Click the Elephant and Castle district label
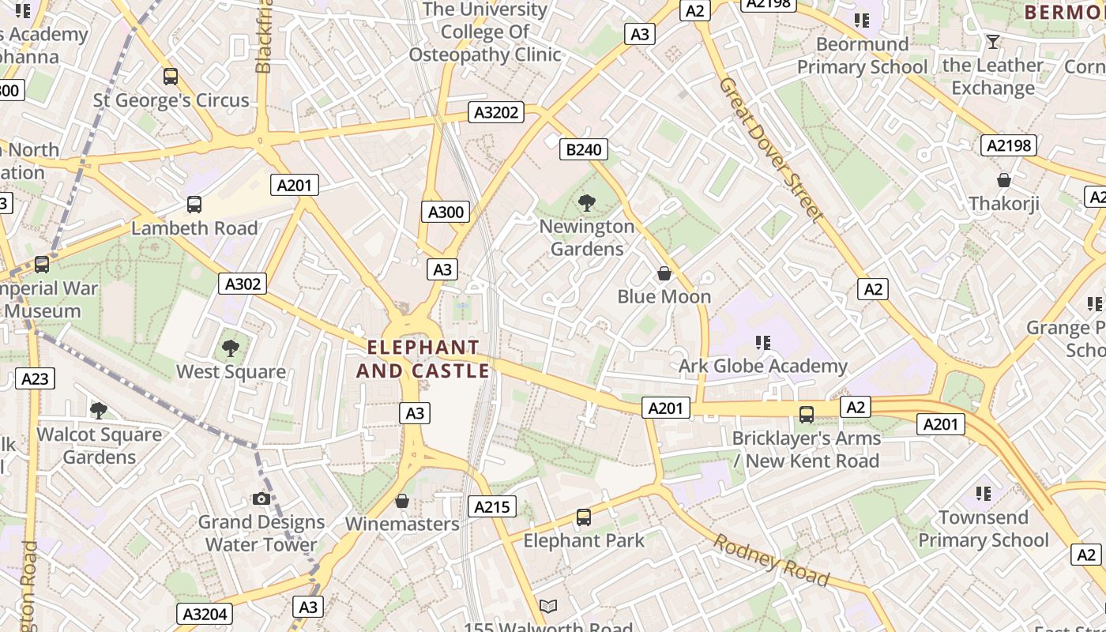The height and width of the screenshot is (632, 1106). tap(423, 359)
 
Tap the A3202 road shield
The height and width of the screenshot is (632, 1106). tap(496, 112)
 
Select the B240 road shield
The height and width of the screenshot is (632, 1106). tap(584, 149)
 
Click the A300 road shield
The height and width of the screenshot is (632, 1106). tap(446, 212)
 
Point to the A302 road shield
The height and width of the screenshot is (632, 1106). tap(243, 284)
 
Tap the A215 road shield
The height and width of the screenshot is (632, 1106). tap(491, 506)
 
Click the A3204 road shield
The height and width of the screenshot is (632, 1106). tap(205, 614)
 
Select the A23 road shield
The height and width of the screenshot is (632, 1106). tap(35, 378)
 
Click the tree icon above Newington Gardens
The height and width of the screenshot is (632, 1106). tap(586, 203)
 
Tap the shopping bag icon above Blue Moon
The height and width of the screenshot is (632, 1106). tap(664, 273)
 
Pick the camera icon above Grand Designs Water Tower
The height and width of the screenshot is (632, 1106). tap(261, 498)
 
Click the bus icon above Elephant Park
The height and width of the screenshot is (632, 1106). tap(584, 517)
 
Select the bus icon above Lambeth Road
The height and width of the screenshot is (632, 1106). tap(194, 205)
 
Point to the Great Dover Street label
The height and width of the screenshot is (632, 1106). tap(771, 149)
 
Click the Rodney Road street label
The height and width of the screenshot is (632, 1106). tap(772, 559)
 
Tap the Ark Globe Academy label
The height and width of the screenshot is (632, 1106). tap(763, 366)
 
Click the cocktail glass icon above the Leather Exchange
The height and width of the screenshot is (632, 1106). tap(993, 42)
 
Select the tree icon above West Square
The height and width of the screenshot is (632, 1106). tap(231, 348)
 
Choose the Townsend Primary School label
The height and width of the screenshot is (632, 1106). tap(984, 529)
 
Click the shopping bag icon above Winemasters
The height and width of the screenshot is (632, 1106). tap(402, 501)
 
